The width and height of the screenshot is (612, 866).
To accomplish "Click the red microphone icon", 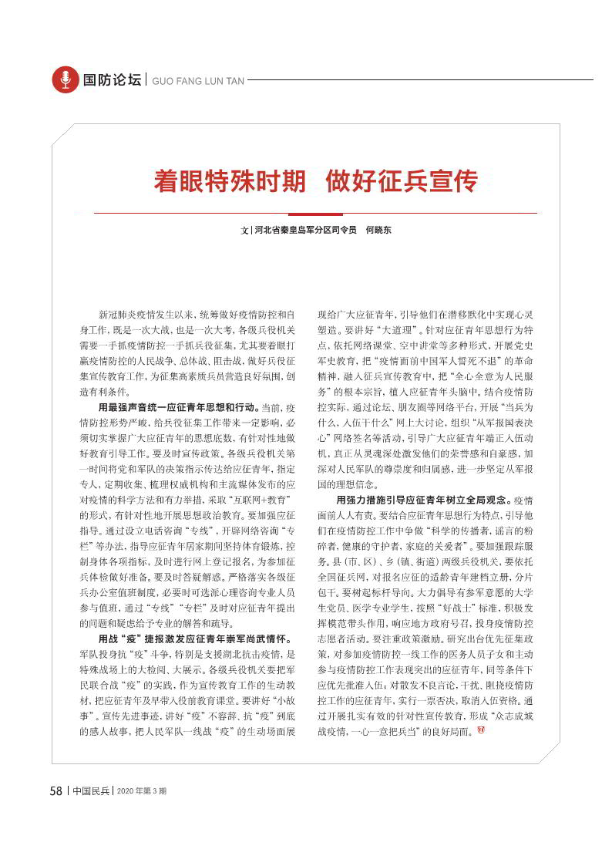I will [x=66, y=79].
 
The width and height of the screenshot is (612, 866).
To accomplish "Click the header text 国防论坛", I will [x=113, y=80].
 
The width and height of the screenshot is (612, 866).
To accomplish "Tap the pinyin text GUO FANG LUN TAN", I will [x=197, y=80].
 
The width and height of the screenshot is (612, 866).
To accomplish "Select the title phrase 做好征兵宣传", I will [x=401, y=182].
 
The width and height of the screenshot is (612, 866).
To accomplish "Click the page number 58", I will [x=55, y=791].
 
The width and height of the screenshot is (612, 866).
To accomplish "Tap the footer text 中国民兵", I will [x=91, y=791].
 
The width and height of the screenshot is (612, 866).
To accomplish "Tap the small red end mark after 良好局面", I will [x=481, y=730].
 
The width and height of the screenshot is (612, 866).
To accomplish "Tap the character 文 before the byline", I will [x=244, y=231].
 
